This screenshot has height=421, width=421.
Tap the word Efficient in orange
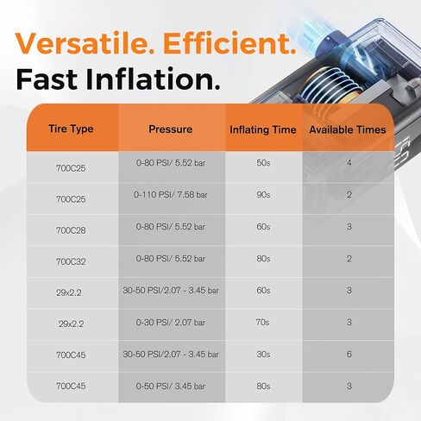[x=229, y=43]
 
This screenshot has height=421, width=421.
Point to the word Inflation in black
[x=153, y=79]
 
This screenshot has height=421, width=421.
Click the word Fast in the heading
[x=47, y=79]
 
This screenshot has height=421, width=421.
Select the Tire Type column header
[x=71, y=129]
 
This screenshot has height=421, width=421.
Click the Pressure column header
[x=171, y=129]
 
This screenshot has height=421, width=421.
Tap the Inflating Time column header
[x=263, y=129]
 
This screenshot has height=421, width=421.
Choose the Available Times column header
[x=348, y=129]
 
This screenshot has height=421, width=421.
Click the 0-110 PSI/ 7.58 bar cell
[x=171, y=195]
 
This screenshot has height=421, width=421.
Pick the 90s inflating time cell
[x=263, y=195]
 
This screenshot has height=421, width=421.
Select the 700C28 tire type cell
[x=71, y=230]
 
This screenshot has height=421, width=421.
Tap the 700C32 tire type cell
[x=71, y=261]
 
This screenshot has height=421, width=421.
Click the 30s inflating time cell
[x=263, y=354]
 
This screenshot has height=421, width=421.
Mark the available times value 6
[x=349, y=354]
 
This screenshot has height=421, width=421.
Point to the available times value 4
[x=349, y=163]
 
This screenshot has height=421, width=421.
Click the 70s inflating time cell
[x=262, y=322]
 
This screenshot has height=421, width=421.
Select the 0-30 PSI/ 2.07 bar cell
[x=171, y=323]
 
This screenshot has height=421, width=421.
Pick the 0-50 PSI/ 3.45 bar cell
[x=171, y=386]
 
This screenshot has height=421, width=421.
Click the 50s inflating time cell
[x=263, y=163]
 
